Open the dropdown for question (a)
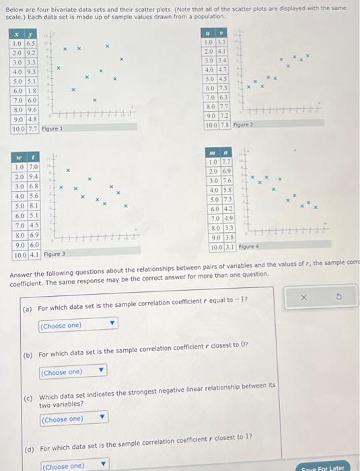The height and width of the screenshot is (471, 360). click(77, 326)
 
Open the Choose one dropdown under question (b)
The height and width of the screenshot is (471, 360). click(73, 371)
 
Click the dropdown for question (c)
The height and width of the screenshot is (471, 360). click(73, 419)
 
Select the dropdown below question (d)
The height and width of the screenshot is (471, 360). click(73, 466)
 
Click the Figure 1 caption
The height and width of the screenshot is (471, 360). click(52, 128)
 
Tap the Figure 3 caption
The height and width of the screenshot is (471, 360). click(53, 254)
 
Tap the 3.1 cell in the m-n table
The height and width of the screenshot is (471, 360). click(229, 247)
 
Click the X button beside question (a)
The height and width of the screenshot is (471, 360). click(303, 297)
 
